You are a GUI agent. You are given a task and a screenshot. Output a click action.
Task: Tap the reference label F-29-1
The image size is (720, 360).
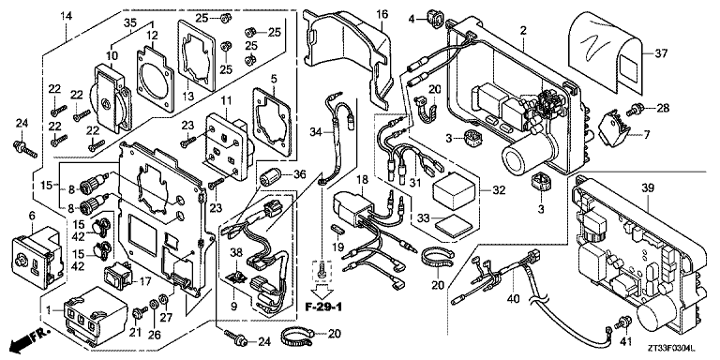pos(323,307)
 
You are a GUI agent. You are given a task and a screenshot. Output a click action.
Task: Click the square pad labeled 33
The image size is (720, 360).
pos(447,222)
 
